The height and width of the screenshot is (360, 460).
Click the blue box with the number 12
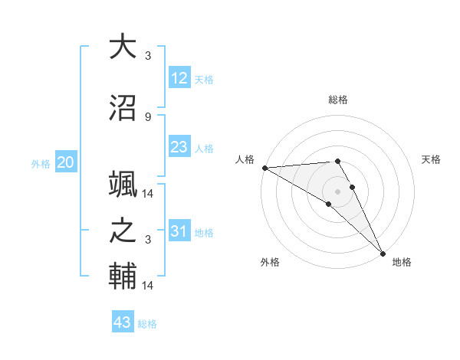click(179, 78)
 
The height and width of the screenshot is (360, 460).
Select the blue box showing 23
click(179, 147)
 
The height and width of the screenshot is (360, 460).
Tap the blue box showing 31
click(179, 231)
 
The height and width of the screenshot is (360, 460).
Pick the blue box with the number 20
click(66, 162)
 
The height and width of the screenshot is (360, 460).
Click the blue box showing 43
click(123, 322)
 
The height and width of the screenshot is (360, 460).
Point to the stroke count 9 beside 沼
click(148, 117)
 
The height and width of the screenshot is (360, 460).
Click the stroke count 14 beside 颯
click(149, 193)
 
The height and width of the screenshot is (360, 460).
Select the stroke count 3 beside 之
click(148, 240)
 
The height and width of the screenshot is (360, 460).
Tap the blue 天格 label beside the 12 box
click(204, 80)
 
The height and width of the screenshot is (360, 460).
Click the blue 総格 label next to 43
click(147, 324)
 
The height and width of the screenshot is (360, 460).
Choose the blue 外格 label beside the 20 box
click(41, 163)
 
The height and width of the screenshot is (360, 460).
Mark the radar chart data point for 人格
click(264, 168)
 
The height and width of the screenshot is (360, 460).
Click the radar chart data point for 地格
click(383, 253)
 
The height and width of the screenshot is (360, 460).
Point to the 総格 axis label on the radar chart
click(338, 100)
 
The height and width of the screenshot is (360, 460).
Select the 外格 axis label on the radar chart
click(270, 262)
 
